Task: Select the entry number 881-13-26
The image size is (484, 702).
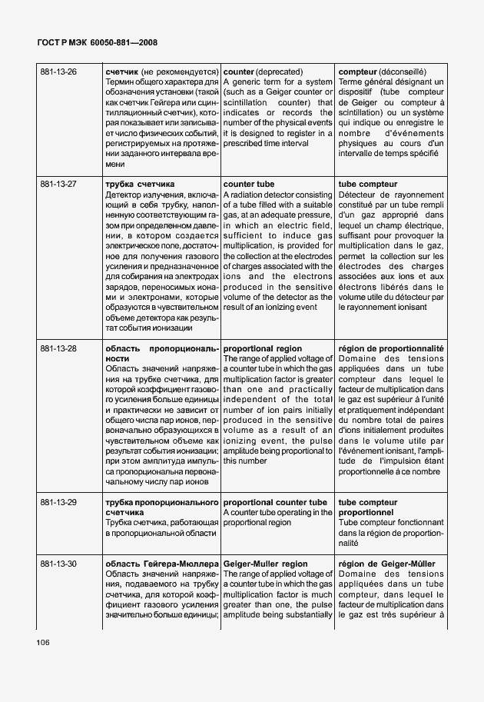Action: coord(58,72)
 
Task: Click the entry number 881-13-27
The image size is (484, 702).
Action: coord(58,185)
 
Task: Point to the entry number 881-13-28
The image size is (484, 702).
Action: coord(58,348)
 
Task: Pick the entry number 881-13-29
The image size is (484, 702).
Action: coord(58,502)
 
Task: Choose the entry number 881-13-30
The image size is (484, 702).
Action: coord(58,564)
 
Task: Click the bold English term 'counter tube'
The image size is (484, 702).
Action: coord(248,185)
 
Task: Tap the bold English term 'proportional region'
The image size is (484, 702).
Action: coord(262,348)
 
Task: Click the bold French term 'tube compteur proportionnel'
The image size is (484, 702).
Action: coord(368,507)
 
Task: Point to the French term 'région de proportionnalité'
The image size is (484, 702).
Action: coord(391,348)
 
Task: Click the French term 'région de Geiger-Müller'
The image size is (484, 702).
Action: coord(386,564)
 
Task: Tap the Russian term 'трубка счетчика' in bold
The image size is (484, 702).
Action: coord(140,185)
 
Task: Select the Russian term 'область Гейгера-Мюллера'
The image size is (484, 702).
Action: coord(162,564)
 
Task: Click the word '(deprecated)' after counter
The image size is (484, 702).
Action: coord(280,72)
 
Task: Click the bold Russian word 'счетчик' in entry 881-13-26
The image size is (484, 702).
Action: coord(121,72)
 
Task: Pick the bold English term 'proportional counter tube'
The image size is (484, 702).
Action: coord(275,502)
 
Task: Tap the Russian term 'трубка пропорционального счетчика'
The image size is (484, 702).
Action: coord(162,507)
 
